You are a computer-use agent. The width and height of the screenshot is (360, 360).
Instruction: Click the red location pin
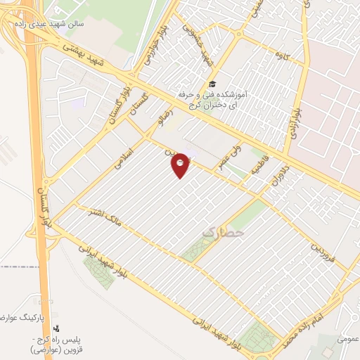[x=181, y=165]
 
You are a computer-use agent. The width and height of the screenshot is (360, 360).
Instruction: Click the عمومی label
[x=347, y=338]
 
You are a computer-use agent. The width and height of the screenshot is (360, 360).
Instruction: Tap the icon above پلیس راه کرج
[x=56, y=328]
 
